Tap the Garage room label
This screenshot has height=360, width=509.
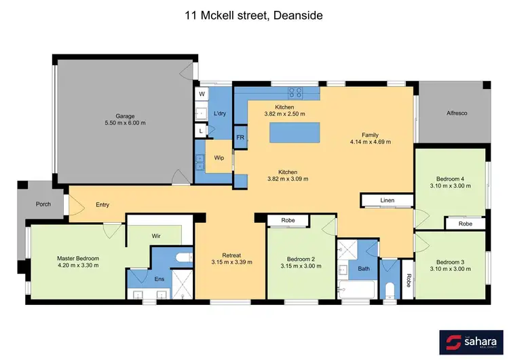125,115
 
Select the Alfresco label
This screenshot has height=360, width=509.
454,113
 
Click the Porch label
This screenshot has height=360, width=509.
43,203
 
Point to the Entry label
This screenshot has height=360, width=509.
102,204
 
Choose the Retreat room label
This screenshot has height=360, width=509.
231,255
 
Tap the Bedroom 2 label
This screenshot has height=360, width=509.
301,258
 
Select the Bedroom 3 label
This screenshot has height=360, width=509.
450,262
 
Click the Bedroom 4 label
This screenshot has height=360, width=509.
450,179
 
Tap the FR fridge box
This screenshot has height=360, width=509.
240,137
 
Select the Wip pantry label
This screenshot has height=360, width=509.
219,158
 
